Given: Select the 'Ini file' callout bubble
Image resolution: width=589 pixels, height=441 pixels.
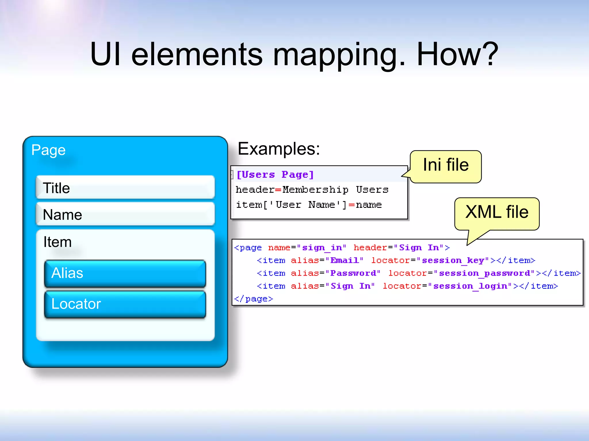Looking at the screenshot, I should (x=446, y=166).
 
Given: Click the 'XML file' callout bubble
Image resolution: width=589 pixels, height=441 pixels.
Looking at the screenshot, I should (x=497, y=213).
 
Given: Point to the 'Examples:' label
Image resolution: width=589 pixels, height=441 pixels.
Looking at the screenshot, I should (x=279, y=149).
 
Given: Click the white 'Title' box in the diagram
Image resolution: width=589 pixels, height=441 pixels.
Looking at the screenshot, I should (x=125, y=188).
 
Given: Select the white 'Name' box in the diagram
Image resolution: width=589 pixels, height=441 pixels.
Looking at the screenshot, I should (x=125, y=214).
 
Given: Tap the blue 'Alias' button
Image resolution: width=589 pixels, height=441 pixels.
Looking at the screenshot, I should (x=125, y=273).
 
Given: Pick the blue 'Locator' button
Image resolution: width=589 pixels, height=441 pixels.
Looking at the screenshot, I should (x=125, y=304).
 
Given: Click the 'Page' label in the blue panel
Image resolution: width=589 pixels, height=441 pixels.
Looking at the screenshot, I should (x=48, y=150).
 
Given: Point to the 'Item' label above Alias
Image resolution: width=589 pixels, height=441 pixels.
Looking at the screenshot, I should (x=58, y=242).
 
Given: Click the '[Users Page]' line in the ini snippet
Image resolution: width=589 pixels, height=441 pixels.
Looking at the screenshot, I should (x=275, y=175).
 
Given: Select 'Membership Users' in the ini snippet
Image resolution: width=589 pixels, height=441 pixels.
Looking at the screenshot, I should (x=335, y=190).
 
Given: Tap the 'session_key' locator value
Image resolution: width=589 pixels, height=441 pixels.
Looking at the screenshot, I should (x=453, y=260).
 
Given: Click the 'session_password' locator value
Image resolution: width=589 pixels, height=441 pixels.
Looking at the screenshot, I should (x=485, y=273).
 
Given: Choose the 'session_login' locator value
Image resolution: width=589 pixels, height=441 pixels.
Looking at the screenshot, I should (x=470, y=286).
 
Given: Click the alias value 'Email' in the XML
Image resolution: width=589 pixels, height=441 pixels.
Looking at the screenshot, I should (x=345, y=260).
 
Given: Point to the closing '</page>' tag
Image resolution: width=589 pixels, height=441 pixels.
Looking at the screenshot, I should (x=253, y=299).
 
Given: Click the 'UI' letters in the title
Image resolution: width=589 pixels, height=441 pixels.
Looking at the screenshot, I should (x=105, y=55).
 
